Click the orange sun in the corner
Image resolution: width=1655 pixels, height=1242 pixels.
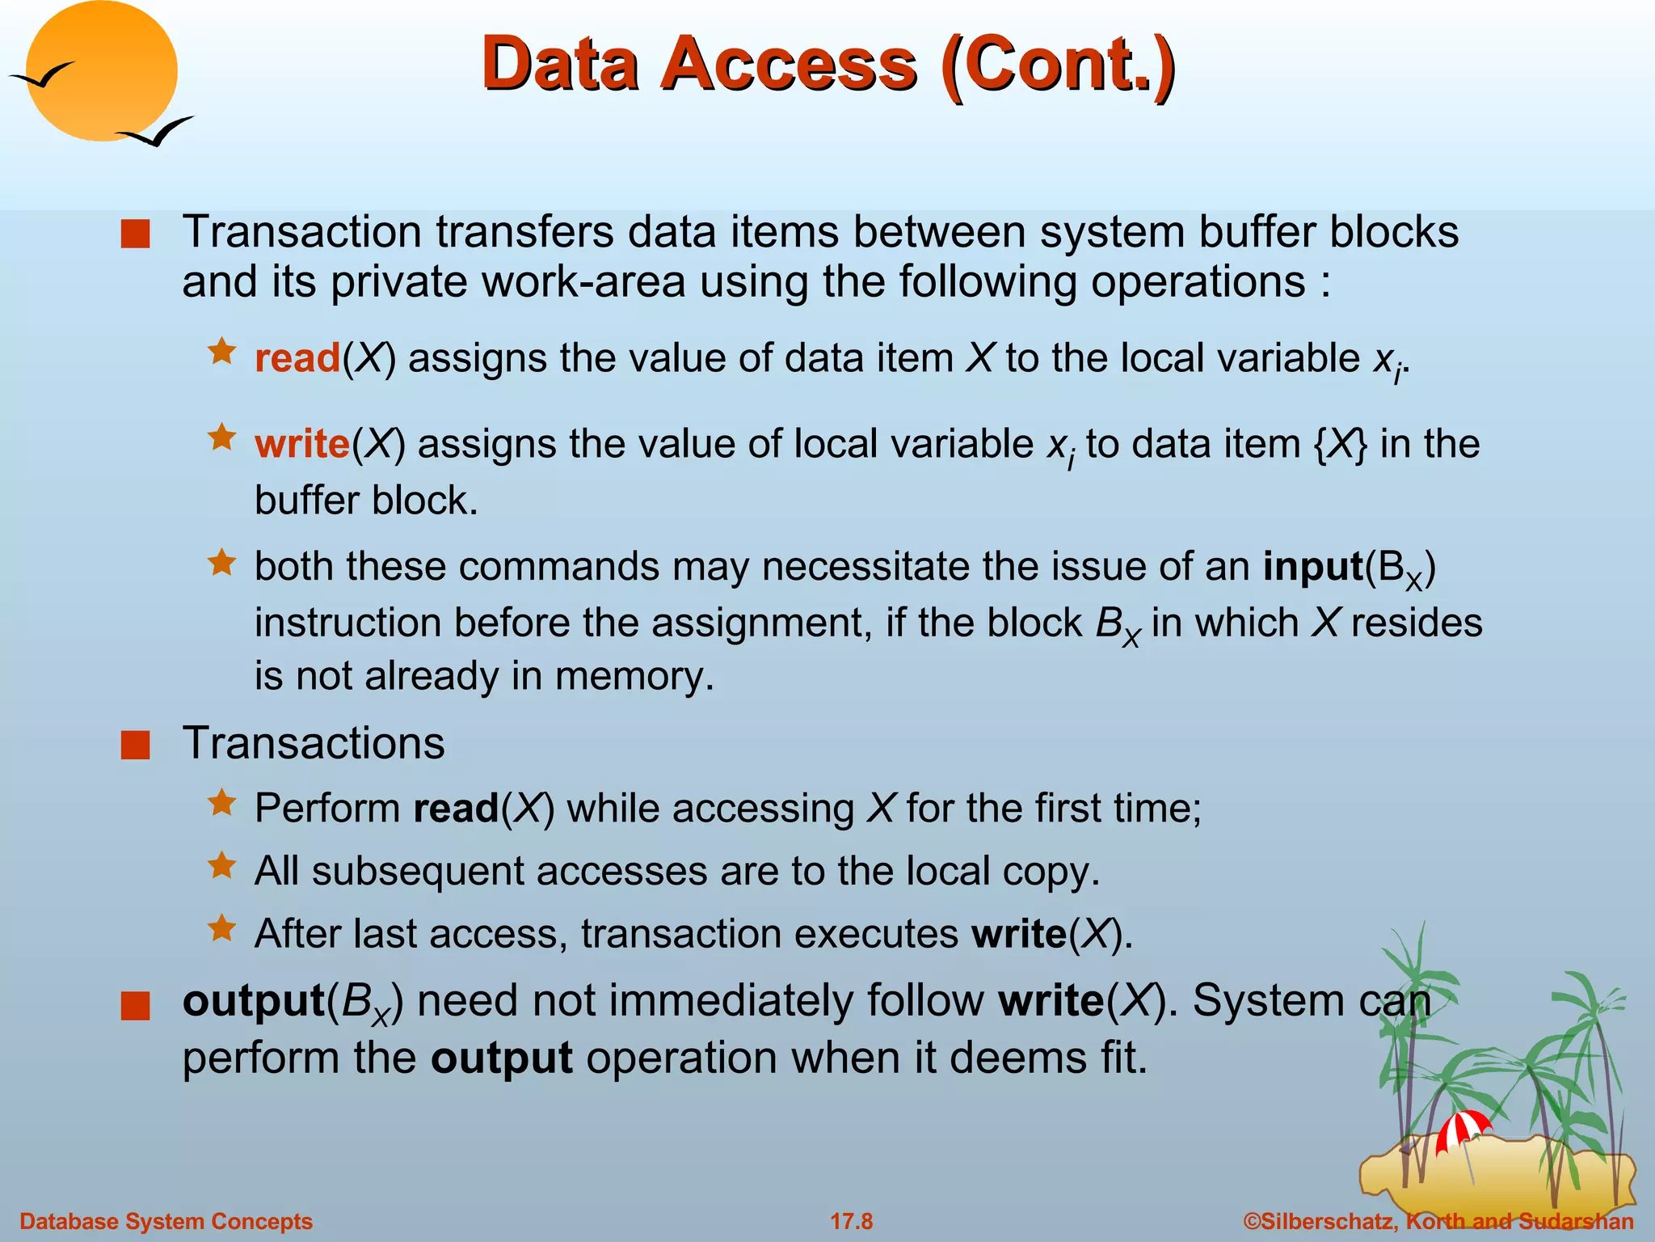pos(102,71)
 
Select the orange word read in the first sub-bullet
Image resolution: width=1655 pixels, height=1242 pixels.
pos(297,358)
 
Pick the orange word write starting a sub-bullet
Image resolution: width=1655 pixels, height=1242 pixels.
pos(302,444)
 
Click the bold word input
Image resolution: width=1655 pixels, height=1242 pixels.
pos(1313,566)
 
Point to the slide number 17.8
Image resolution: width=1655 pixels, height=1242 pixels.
pos(852,1221)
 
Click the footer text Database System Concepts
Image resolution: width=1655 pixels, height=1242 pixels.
pos(166,1221)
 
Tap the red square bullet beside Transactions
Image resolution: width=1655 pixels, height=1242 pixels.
pos(136,745)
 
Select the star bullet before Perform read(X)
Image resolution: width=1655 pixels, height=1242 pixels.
pos(221,804)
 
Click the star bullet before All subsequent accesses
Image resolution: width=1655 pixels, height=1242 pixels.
pos(221,866)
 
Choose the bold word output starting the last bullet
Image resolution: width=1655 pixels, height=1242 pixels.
pos(254,1001)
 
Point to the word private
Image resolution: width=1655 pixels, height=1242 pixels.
pos(399,282)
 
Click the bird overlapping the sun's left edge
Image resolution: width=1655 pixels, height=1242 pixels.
pos(42,76)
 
